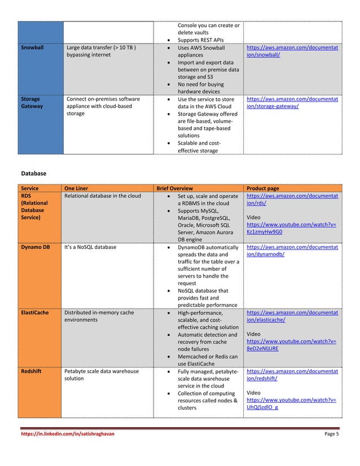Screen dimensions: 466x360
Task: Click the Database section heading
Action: pos(33,173)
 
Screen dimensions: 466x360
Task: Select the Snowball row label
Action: pos(33,48)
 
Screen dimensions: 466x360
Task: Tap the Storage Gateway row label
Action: pos(32,102)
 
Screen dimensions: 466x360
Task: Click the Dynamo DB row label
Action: pos(36,247)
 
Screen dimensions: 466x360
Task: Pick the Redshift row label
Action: pos(33,372)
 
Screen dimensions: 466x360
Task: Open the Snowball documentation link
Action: pos(292,51)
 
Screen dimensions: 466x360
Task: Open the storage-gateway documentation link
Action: pos(292,102)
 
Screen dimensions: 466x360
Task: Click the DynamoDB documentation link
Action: pos(292,250)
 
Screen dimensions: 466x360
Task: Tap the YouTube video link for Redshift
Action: pos(291,404)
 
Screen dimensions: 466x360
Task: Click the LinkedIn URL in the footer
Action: pos(63,434)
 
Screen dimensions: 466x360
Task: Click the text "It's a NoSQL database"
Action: pos(90,247)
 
